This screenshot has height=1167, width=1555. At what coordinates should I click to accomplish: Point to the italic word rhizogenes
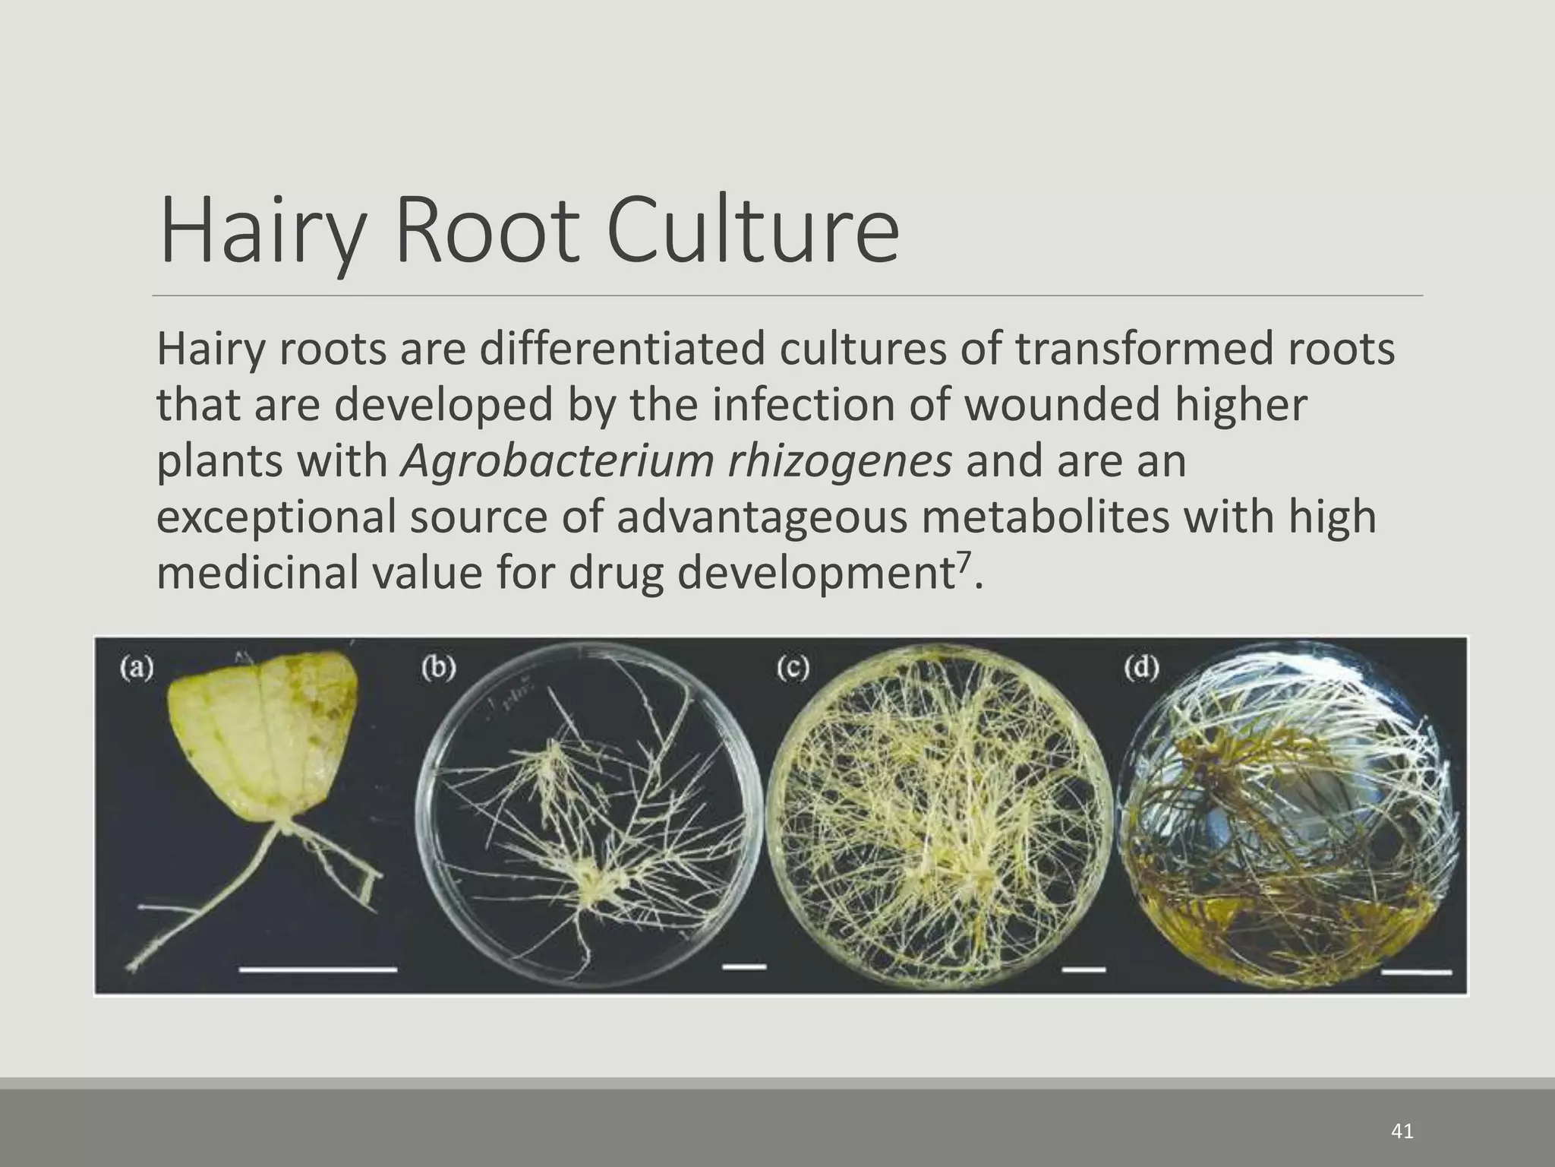pyautogui.click(x=839, y=463)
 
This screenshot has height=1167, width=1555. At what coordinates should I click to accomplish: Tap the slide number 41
pyautogui.click(x=1402, y=1131)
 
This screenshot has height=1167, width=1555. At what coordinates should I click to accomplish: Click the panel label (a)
pyautogui.click(x=137, y=668)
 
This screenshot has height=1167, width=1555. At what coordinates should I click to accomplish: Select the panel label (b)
pyautogui.click(x=439, y=668)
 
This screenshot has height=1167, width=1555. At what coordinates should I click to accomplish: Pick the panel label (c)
pyautogui.click(x=793, y=668)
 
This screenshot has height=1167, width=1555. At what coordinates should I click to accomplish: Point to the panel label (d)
pyautogui.click(x=1142, y=668)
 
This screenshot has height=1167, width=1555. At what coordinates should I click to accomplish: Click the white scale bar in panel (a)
pyautogui.click(x=318, y=969)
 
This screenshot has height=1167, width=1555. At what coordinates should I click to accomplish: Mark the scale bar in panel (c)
pyautogui.click(x=1084, y=969)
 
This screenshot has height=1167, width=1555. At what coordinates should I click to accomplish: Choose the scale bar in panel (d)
pyautogui.click(x=1417, y=972)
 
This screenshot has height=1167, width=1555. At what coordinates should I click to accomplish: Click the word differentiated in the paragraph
pyautogui.click(x=621, y=349)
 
